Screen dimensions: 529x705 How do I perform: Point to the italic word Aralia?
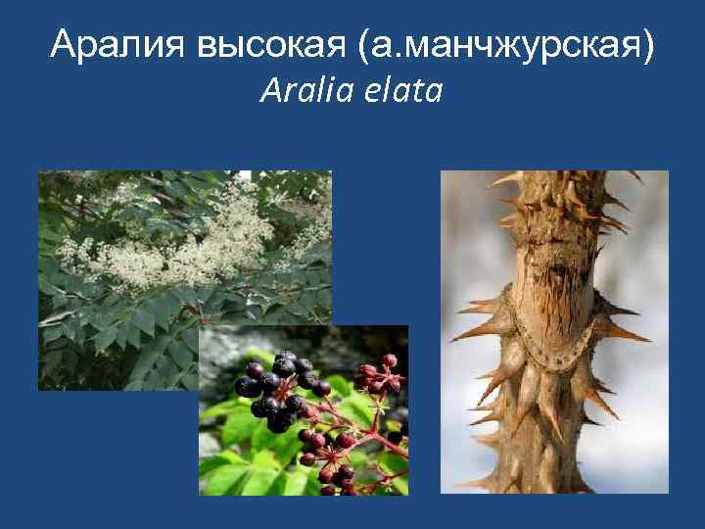click(297, 92)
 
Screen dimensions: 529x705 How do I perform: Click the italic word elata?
click(403, 92)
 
